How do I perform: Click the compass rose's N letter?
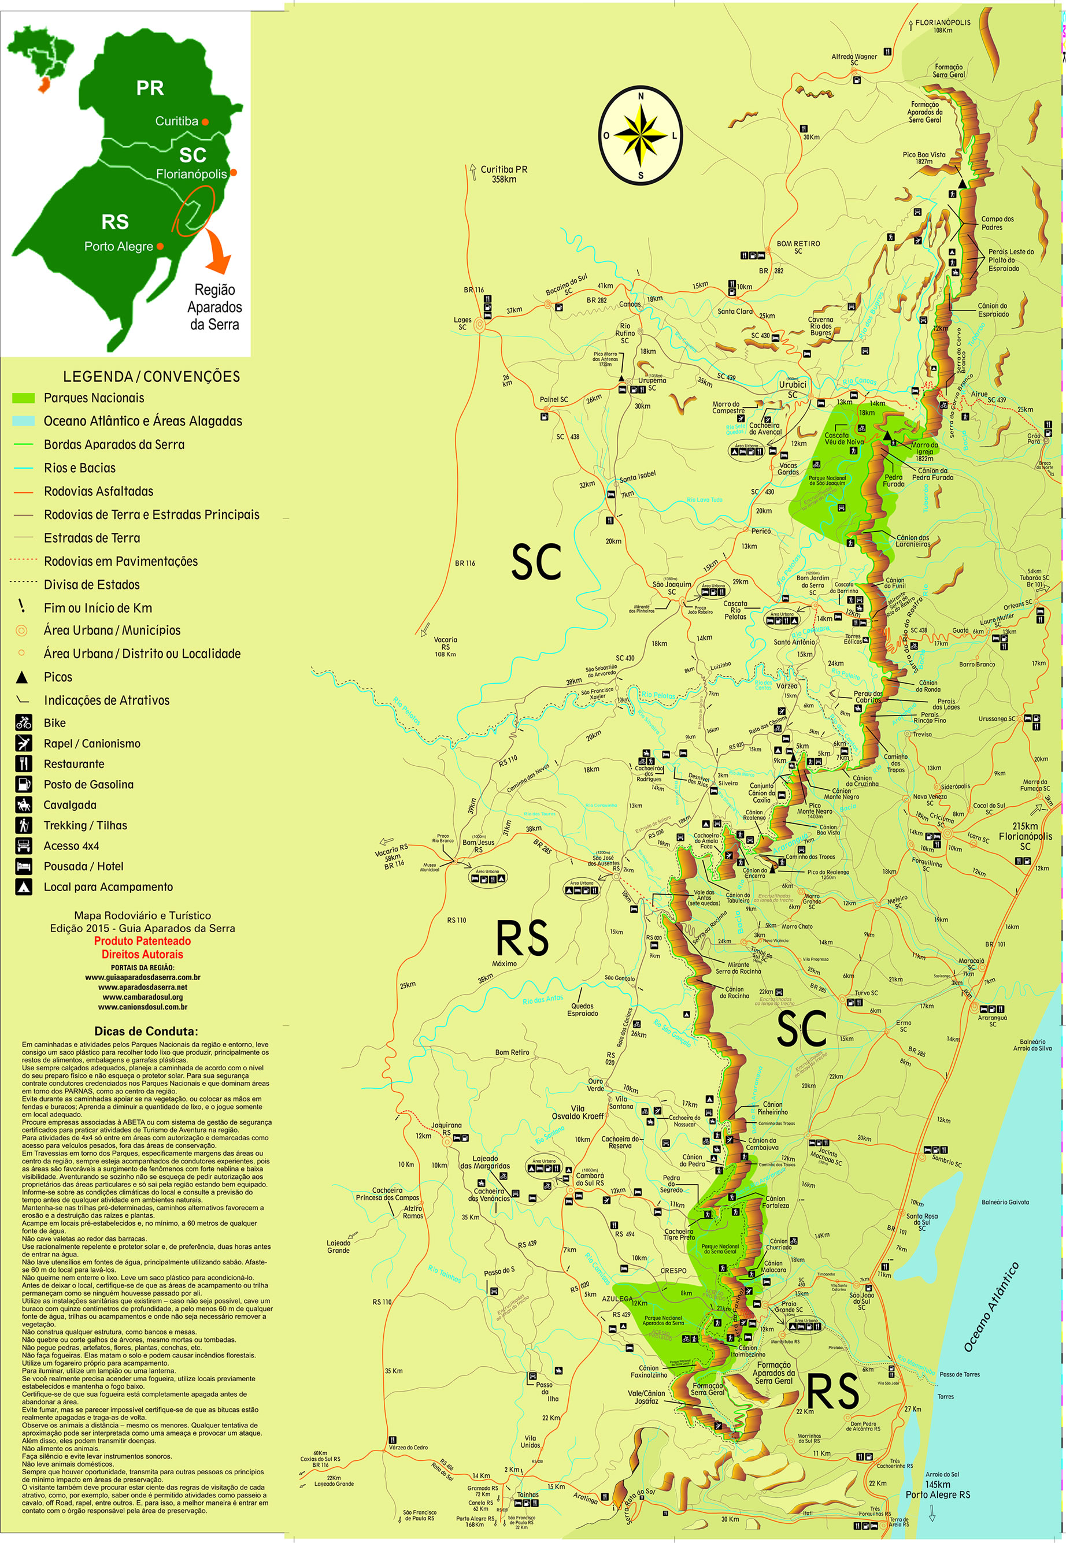641,96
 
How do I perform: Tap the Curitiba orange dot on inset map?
205,122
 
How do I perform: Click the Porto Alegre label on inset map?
119,246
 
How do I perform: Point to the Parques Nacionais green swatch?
23,398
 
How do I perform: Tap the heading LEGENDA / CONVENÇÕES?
151,377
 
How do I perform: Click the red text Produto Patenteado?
142,941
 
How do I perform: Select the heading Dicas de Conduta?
146,1031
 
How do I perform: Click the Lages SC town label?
462,323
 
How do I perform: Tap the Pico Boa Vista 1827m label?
924,158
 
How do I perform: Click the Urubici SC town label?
792,388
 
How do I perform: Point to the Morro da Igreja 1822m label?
924,451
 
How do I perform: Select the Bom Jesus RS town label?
478,845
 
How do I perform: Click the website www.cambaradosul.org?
142,997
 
